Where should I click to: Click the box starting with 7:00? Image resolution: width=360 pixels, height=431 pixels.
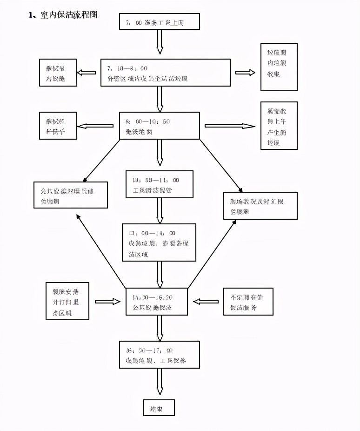pos(160,22)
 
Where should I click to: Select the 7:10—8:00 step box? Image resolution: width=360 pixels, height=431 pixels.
pos(166,73)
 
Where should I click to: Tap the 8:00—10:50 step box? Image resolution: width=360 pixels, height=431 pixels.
pos(160,125)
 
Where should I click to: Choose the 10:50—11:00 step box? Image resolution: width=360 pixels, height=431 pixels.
pos(160,184)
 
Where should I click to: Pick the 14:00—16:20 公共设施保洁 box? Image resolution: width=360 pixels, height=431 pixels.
pos(156,302)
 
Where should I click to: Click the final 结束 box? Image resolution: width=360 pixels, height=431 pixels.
pos(159,408)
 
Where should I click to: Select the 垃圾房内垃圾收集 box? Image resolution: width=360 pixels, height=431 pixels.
pos(279,67)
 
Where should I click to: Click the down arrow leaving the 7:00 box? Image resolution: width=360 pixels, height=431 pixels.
pos(160,43)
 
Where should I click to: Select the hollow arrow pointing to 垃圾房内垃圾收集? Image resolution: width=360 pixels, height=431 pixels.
pos(245,72)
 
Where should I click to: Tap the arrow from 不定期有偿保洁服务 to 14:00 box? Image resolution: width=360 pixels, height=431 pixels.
pos(206,302)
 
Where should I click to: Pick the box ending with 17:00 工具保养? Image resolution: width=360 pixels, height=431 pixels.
pos(160,355)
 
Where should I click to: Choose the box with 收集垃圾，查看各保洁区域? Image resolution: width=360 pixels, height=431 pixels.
pos(159,242)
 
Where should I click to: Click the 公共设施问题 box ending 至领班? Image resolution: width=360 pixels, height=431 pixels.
pos(71,195)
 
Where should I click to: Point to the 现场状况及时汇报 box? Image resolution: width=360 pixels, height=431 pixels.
pos(260,206)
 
